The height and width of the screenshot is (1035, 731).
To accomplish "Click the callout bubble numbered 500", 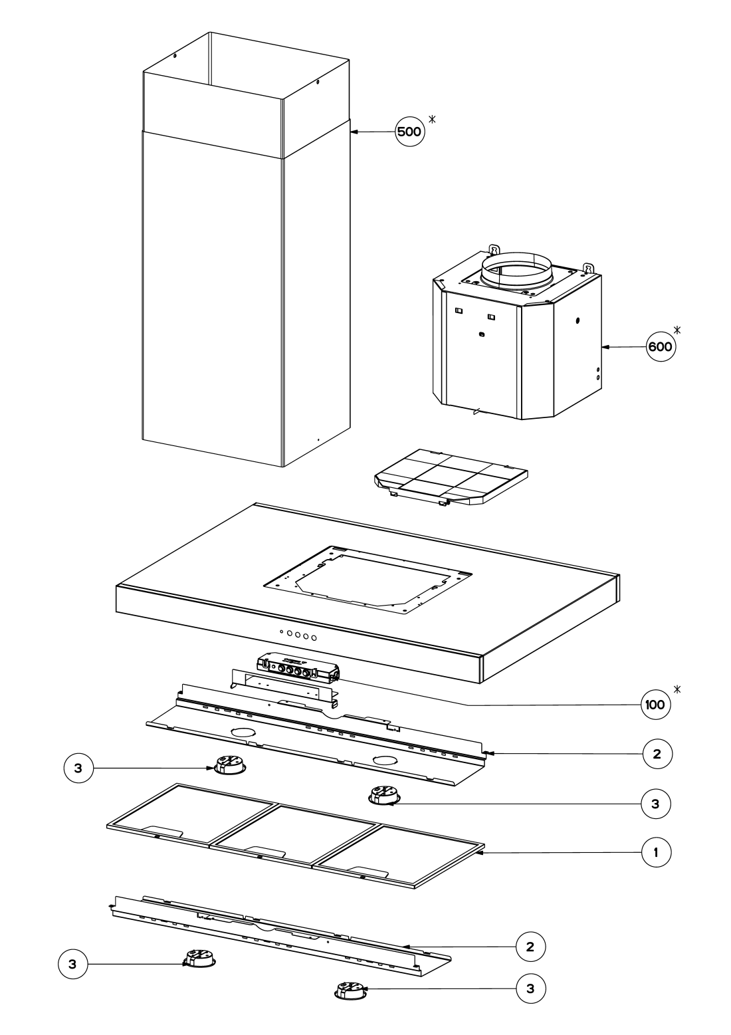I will tap(409, 132).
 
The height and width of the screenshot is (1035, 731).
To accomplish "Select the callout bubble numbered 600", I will tap(660, 346).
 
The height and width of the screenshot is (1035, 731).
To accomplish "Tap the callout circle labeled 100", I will tap(655, 705).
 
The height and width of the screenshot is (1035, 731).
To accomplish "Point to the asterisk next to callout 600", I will tap(677, 330).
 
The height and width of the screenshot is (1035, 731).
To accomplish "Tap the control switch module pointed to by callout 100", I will tap(298, 670).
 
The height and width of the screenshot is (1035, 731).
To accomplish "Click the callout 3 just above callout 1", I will tap(656, 803).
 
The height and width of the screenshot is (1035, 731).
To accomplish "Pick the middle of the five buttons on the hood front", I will tap(298, 635).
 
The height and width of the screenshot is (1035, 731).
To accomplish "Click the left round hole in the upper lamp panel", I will tap(243, 732).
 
